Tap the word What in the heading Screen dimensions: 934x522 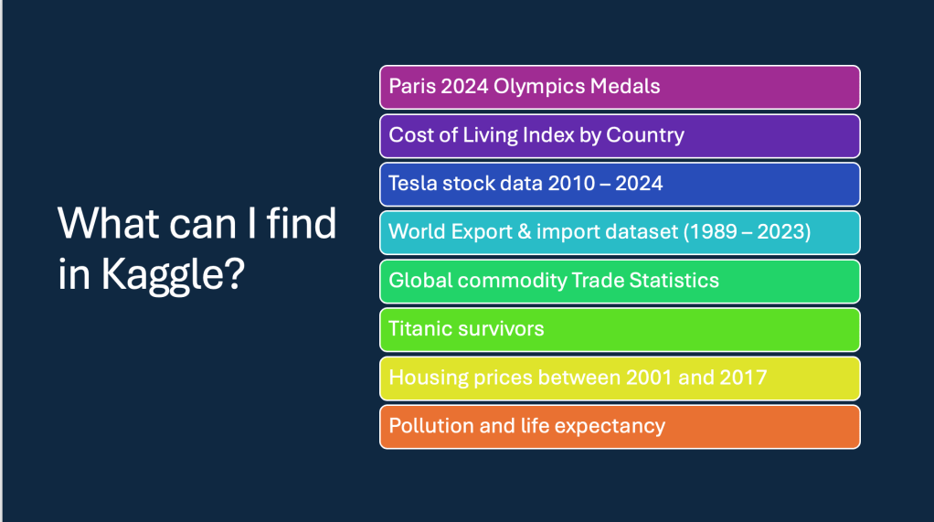[x=109, y=223]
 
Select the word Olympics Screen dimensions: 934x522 [x=539, y=87]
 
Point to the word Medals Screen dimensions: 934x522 [x=625, y=87]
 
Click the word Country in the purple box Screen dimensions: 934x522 [x=645, y=136]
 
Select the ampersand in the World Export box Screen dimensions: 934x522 [x=525, y=232]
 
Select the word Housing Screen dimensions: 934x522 [x=429, y=378]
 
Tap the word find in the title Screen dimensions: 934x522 [x=302, y=223]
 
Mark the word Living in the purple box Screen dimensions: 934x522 [x=490, y=136]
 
